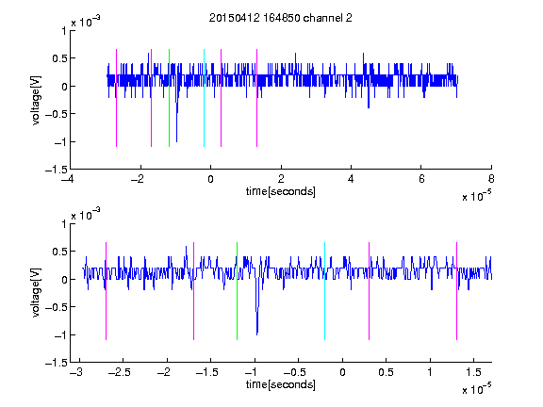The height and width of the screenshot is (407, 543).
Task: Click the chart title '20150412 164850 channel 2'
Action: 281,18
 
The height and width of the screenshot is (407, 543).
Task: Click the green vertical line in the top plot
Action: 169,98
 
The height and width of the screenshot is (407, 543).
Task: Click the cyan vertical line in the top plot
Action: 204,98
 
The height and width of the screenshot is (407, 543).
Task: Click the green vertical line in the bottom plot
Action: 237,291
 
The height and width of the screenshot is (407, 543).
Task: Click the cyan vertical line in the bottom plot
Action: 324,291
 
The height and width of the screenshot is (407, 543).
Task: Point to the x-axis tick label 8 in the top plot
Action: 491,179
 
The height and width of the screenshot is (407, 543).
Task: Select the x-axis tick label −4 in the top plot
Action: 68,179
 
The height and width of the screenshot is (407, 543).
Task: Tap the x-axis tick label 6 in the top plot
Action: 421,179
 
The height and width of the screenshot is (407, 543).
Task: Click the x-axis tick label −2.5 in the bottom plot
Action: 120,372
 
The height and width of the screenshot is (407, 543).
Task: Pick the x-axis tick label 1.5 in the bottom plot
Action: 473,372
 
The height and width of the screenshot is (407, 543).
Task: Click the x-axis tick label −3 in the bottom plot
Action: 76,372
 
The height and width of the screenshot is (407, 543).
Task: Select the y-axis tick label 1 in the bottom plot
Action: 64,224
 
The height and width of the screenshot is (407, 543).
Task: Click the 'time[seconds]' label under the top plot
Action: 281,191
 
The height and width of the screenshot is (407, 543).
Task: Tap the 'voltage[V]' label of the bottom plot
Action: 36,293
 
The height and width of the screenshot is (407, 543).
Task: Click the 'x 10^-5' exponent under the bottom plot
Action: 476,389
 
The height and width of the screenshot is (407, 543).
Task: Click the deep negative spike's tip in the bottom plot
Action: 257,334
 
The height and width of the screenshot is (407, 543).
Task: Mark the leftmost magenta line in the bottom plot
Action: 106,291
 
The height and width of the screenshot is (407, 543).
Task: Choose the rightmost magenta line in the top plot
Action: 256,98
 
